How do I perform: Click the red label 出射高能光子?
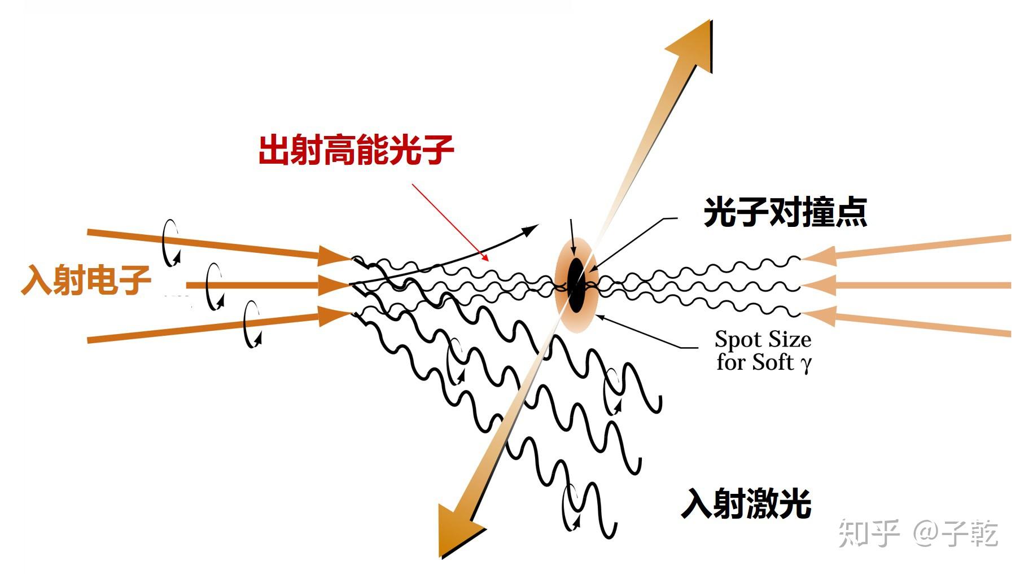[356, 150]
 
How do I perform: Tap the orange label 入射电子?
[86, 280]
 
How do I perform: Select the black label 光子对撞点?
[785, 212]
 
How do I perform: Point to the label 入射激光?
[746, 503]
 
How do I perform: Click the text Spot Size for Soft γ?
[763, 350]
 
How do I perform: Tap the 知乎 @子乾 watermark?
[918, 532]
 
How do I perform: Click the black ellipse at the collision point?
[576, 285]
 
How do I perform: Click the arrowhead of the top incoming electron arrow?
[333, 255]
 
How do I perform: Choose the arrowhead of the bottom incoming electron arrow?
[333, 316]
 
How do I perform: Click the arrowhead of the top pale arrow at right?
[819, 256]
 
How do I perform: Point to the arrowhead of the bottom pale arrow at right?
[819, 316]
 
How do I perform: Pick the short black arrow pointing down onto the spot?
[572, 237]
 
